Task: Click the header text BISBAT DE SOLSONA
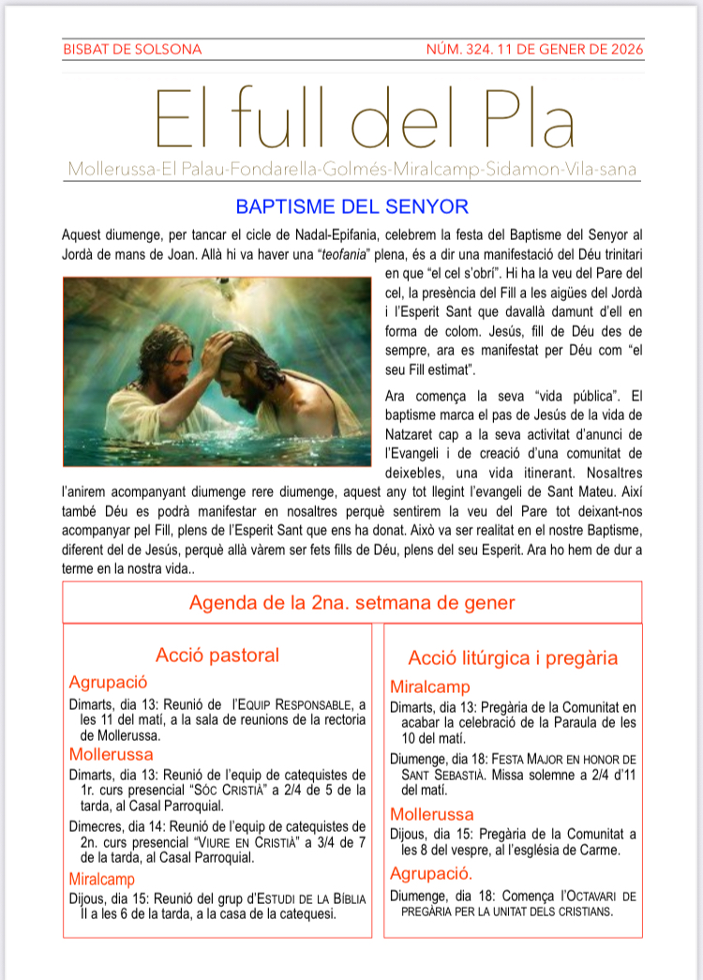tap(131, 49)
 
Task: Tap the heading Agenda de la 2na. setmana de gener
tap(351, 602)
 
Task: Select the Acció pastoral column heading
tap(217, 655)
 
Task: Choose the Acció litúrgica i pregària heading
tap(513, 658)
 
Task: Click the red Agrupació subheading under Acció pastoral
tap(109, 682)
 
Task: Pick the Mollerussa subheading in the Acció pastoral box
tap(112, 753)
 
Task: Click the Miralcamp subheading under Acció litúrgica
tap(430, 686)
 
